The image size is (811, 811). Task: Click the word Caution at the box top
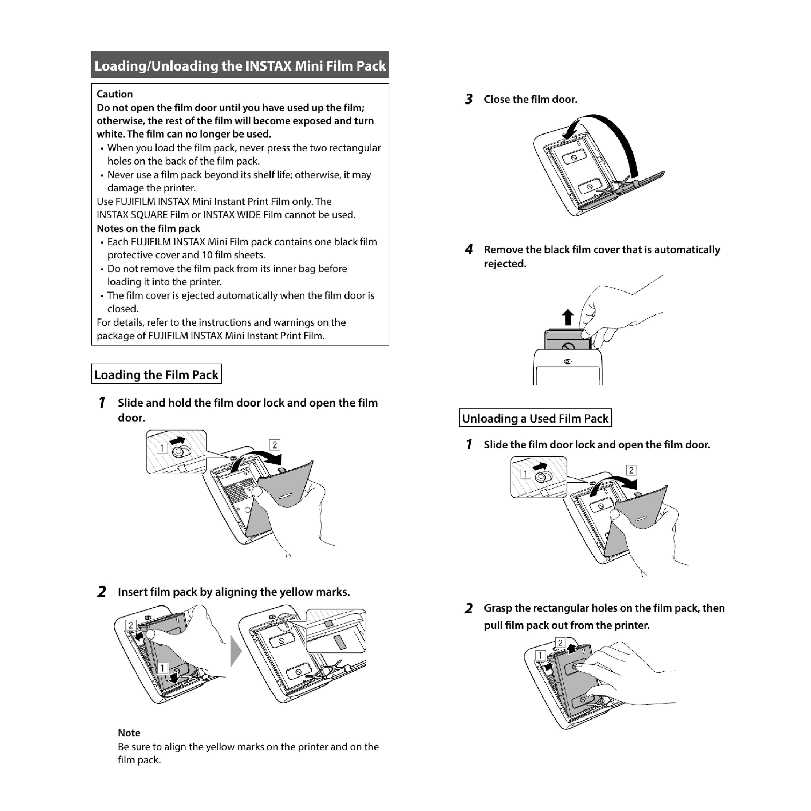pos(115,94)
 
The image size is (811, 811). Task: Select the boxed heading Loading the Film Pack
pos(156,374)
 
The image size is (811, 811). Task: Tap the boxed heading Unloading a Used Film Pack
pos(535,419)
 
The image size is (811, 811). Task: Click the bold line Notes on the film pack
pos(148,228)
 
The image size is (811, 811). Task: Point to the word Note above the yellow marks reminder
pos(129,733)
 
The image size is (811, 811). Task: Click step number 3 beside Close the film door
pos(469,99)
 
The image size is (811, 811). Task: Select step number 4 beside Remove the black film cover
pos(469,250)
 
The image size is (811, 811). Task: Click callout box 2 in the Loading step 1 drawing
pos(275,445)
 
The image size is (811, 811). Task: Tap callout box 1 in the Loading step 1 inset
pos(162,448)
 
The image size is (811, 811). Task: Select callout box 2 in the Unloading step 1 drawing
pos(631,470)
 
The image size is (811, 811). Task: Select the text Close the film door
pos(530,99)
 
